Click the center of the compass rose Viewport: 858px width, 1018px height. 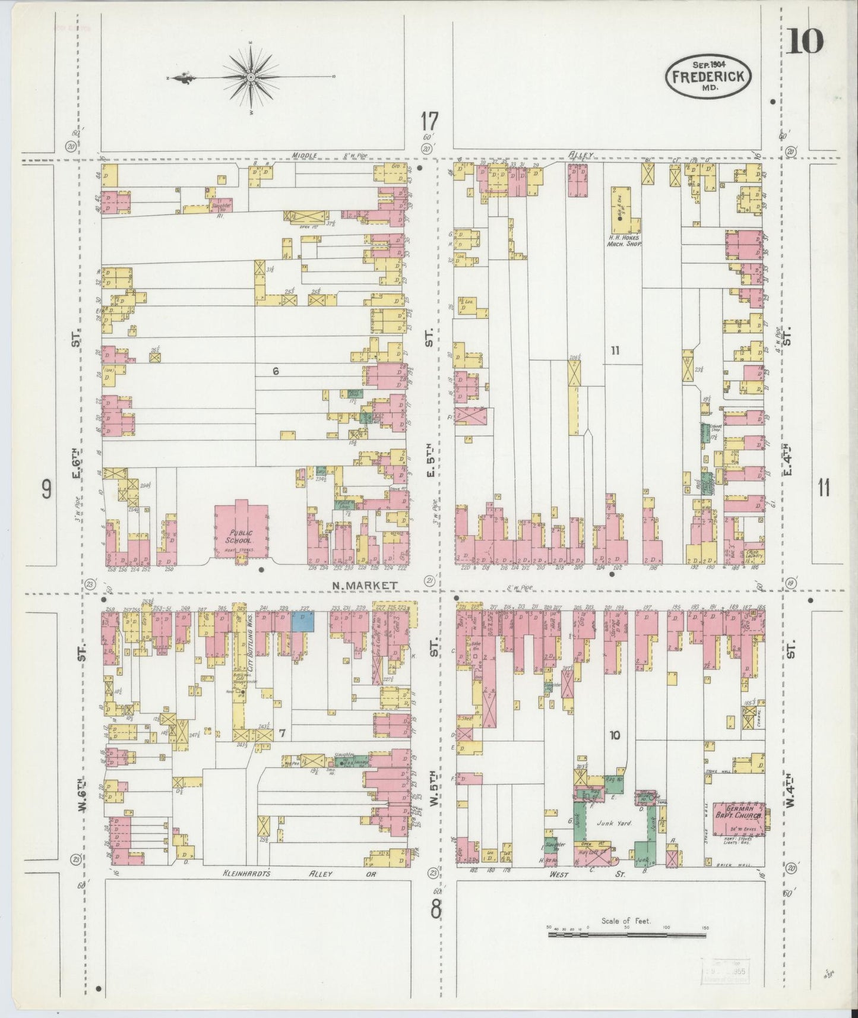pos(251,77)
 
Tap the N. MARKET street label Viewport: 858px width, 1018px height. pos(364,585)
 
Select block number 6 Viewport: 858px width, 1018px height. pos(276,371)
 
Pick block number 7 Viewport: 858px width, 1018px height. pos(283,734)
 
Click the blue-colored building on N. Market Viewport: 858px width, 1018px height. pos(302,621)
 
